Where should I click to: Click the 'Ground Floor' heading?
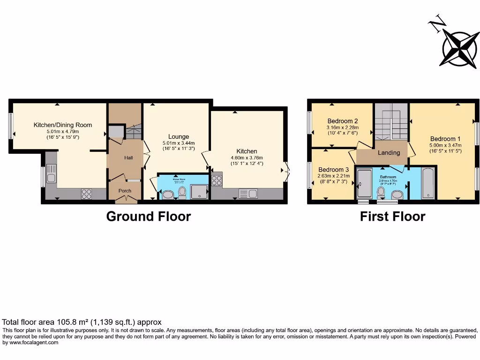(149, 217)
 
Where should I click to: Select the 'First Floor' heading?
(392, 217)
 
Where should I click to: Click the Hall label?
(128, 158)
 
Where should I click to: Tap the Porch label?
(125, 191)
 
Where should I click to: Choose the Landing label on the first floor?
(389, 153)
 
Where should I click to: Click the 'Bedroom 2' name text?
(343, 120)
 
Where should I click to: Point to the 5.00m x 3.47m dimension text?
(446, 145)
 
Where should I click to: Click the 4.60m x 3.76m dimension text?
(247, 157)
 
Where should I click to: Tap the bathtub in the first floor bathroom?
(428, 183)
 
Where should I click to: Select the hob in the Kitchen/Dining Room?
(86, 194)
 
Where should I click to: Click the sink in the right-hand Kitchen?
(248, 193)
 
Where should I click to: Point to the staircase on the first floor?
(391, 123)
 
